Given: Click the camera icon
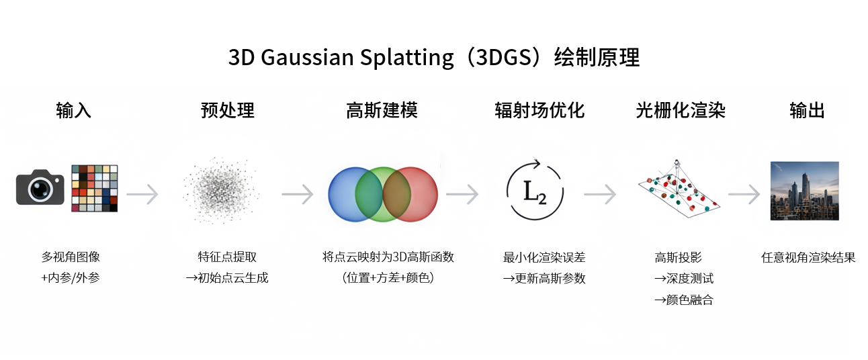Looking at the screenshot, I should click(40, 188).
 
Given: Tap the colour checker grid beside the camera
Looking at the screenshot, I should click(95, 188).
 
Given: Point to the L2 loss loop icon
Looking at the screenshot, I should click(535, 191).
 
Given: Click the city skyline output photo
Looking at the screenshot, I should click(804, 191).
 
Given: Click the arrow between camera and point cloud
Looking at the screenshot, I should click(142, 195).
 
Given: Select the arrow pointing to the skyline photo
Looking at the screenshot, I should click(744, 195).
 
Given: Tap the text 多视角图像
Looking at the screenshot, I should click(71, 257).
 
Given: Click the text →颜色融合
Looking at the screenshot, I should click(683, 300).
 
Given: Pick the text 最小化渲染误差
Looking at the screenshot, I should click(544, 257).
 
